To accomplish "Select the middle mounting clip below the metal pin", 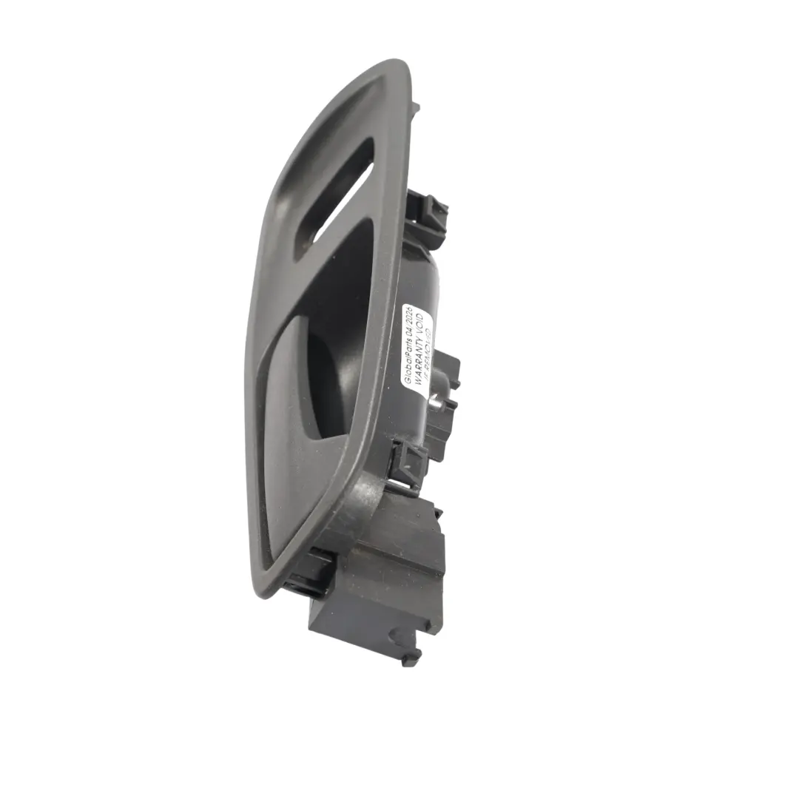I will [x=409, y=462].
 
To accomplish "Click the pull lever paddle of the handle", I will [x=296, y=414].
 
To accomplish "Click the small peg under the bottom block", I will [x=411, y=655].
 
